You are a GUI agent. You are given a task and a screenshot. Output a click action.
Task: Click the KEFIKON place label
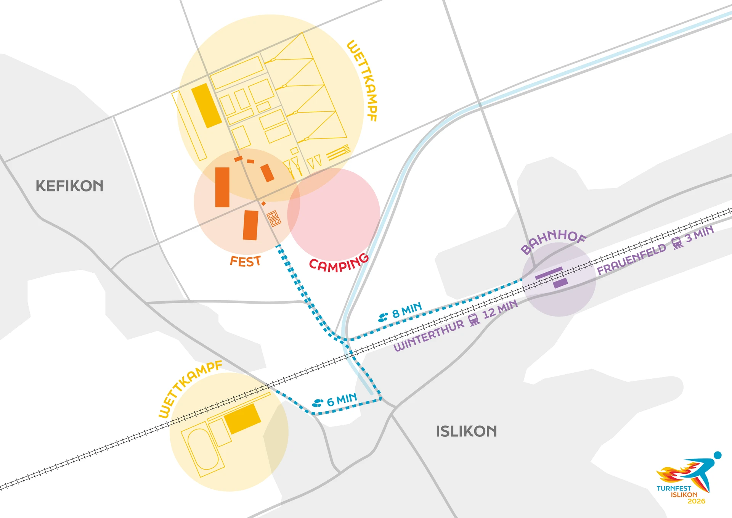coord(69,186)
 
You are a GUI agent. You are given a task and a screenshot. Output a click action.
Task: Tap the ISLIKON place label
coord(466,431)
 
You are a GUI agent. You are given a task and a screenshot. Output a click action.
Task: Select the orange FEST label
coord(245,262)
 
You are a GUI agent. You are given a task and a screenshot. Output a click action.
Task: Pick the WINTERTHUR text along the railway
coord(429,336)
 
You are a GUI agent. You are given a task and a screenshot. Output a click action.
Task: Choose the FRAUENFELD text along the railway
coord(631,259)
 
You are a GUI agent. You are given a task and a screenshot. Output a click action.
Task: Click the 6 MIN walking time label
coord(342,400)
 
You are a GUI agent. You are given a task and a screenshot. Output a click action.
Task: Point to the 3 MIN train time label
coord(699,233)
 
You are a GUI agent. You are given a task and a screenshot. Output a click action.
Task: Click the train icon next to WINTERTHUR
coord(474,320)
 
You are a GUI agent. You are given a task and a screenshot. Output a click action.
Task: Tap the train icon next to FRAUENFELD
coord(677,243)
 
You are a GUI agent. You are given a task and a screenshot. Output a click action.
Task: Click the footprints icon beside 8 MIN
coord(383,317)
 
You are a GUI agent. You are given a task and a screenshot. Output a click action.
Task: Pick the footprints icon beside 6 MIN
coord(318,403)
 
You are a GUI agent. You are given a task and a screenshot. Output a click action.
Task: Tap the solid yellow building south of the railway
coord(242,418)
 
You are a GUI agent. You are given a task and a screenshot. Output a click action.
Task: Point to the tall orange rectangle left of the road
coord(222,187)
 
